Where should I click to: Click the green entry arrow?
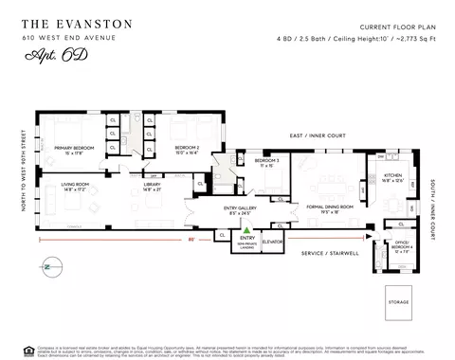pyautogui.click(x=246, y=229)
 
